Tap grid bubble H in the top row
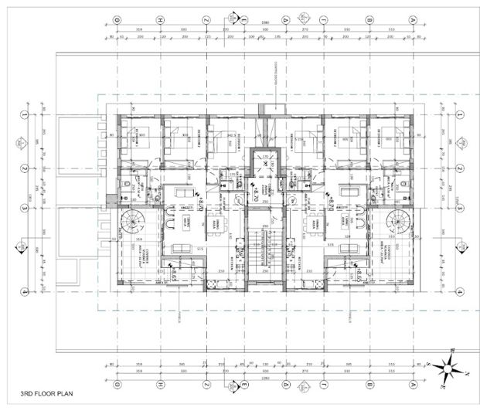point(159,19)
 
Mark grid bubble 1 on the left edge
point(26,114)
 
